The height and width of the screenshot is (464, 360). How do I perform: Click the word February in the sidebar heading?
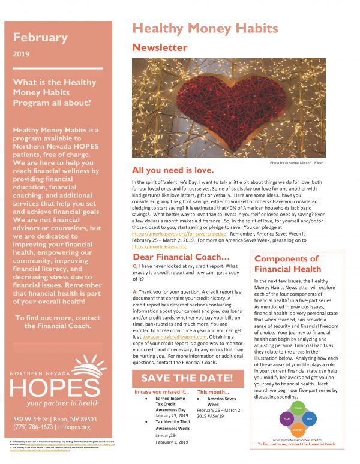click(41, 37)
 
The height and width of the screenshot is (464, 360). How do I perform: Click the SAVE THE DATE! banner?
click(187, 378)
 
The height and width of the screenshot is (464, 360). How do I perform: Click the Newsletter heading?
click(160, 46)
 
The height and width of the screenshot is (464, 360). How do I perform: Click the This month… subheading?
click(212, 392)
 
